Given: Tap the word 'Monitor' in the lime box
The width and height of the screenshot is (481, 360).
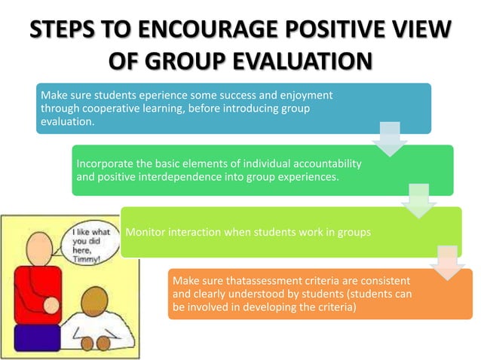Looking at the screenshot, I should [146, 231].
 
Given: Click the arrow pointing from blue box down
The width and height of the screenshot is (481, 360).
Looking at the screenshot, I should [389, 140].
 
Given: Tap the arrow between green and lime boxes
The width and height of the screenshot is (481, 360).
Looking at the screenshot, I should [418, 201].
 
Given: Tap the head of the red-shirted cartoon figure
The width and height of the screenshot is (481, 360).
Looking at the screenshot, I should [35, 244].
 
